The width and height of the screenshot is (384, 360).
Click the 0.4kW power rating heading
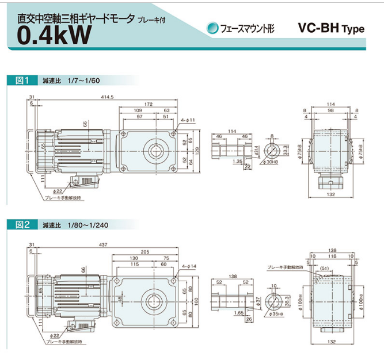pos(54,35)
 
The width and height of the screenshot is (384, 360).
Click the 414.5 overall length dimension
pos(106,96)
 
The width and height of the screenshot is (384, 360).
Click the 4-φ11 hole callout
pos(188,120)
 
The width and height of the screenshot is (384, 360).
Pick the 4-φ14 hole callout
pos(189,267)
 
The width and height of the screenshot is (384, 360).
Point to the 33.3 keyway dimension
pos(286,150)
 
